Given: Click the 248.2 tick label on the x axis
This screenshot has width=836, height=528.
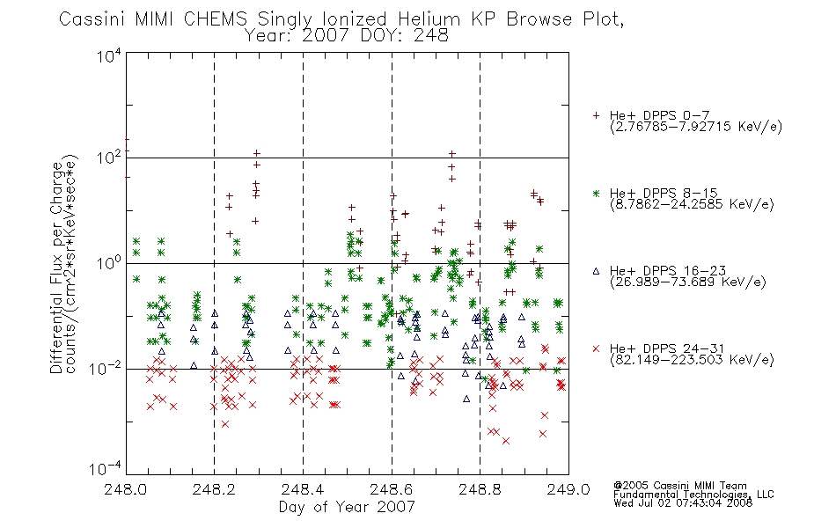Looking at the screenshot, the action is [214, 489].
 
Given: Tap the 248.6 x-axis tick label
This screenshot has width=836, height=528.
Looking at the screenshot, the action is [391, 489].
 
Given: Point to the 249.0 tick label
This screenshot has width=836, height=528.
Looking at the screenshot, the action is [568, 489].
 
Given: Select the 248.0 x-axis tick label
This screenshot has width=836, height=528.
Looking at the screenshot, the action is [125, 489].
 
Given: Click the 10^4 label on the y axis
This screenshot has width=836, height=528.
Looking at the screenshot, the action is [109, 55].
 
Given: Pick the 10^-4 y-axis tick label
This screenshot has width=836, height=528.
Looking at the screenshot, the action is [106, 468].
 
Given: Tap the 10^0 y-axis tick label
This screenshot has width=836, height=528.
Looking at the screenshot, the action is [109, 263].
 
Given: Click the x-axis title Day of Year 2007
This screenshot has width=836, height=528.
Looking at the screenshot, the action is [347, 507].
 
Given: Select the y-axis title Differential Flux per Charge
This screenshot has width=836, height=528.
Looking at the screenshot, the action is [56, 267].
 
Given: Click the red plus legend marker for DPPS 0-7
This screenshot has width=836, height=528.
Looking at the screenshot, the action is [596, 115].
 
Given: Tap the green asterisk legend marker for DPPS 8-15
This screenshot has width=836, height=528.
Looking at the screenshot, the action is [596, 193].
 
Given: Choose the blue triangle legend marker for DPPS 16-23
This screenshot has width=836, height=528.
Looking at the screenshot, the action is [596, 271].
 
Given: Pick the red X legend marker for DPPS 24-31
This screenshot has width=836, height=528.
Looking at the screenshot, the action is [596, 348].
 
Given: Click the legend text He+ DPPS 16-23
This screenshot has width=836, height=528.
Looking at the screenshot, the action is [668, 271].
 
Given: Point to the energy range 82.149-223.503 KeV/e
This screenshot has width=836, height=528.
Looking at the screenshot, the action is [692, 359].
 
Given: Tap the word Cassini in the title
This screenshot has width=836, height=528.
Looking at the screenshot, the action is [92, 19].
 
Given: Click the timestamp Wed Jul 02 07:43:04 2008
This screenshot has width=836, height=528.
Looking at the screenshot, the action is [683, 502].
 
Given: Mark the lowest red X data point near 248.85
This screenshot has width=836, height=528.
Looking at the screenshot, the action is [505, 441].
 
